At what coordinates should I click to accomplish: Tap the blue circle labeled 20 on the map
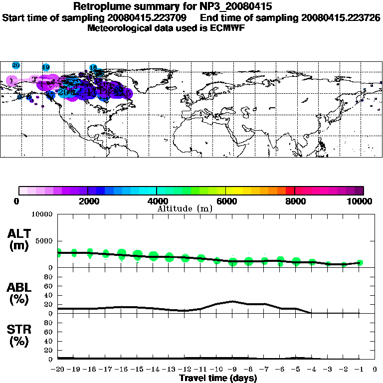16,65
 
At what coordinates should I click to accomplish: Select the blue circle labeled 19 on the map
46,67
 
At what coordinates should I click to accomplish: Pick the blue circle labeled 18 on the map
93,67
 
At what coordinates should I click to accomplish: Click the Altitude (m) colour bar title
185,208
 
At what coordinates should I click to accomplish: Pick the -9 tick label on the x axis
232,370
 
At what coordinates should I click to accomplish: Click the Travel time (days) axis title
218,378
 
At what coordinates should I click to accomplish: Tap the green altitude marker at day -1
360,263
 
